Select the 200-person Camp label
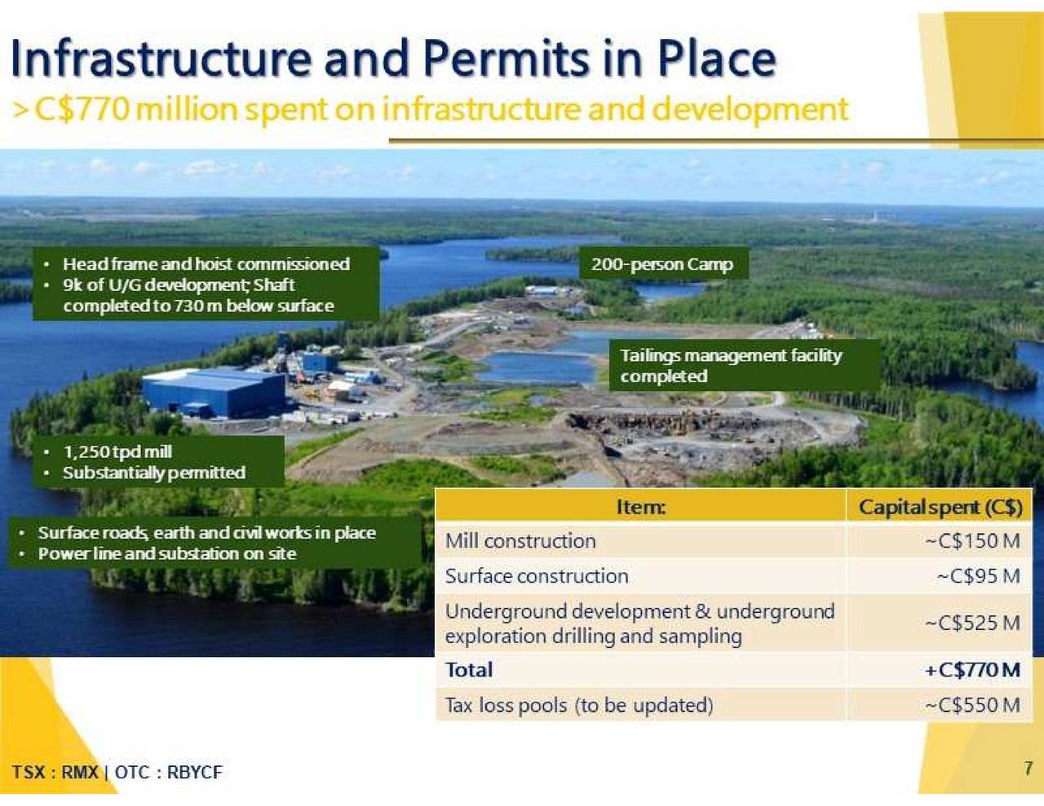click(x=662, y=264)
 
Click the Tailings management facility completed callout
click(x=731, y=366)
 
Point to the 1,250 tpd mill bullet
click(x=117, y=451)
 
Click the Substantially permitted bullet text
click(x=154, y=473)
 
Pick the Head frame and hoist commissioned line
click(x=206, y=264)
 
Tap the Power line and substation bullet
click(x=167, y=553)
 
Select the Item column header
click(x=641, y=507)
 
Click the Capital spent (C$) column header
click(x=940, y=508)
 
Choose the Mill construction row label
click(x=520, y=541)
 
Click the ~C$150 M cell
click(x=973, y=541)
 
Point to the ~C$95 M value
click(x=979, y=575)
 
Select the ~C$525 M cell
click(x=973, y=623)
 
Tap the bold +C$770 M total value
click(x=973, y=670)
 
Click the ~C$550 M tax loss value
click(x=973, y=705)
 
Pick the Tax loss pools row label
click(x=579, y=706)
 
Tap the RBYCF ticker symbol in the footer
click(x=195, y=773)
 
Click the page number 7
click(x=1027, y=769)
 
